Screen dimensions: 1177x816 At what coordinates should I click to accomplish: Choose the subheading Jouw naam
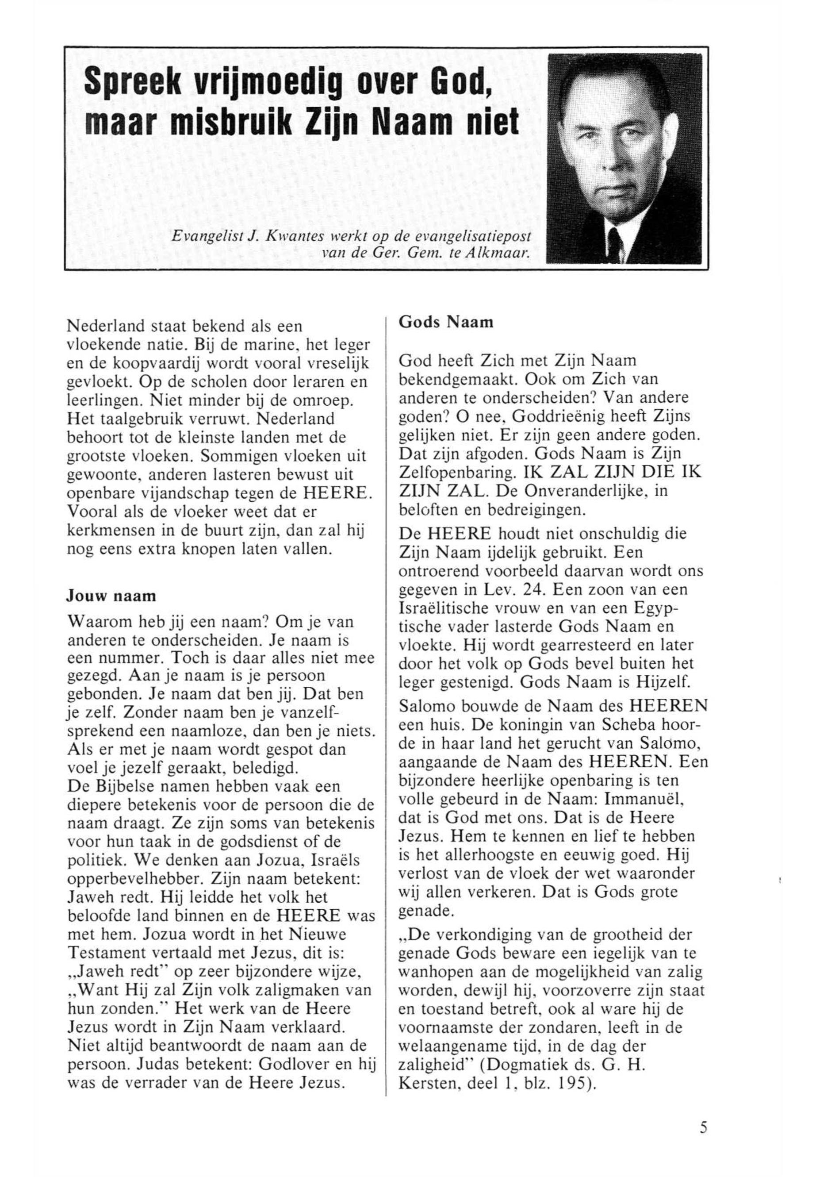pyautogui.click(x=111, y=596)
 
